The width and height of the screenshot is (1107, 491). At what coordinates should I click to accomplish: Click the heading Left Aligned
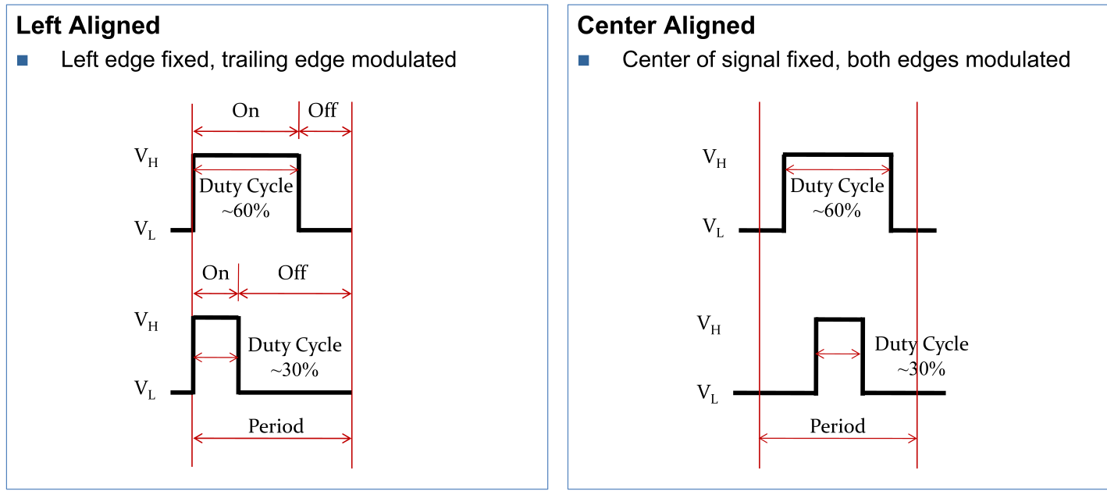coord(88,25)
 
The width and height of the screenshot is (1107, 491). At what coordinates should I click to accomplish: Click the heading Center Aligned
coord(666,25)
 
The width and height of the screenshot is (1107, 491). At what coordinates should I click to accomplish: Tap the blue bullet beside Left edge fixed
coord(22,60)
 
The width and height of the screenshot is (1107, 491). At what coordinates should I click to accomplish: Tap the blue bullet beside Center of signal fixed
coord(584,60)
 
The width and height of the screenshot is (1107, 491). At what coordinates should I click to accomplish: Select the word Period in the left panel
coord(276,426)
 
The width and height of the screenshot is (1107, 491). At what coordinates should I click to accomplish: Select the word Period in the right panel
coord(838,426)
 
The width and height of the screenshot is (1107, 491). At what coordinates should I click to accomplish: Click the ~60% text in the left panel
coord(246,210)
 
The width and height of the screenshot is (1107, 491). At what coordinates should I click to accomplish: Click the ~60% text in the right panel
coord(837,210)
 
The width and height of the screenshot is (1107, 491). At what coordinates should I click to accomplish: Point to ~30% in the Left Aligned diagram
coord(294,370)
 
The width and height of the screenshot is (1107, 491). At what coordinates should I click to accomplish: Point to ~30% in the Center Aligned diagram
coord(921,368)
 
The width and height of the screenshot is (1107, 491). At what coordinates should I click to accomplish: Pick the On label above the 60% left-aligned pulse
coord(245,111)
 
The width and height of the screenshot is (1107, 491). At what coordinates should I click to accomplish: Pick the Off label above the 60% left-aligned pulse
coord(322,110)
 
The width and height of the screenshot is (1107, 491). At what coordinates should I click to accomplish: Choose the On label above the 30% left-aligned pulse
coord(215,273)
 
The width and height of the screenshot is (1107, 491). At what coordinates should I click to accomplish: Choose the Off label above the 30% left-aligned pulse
coord(293,272)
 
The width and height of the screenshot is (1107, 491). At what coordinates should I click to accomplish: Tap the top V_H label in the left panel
coord(146,157)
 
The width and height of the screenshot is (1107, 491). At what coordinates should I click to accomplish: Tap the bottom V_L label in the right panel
coord(707,393)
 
